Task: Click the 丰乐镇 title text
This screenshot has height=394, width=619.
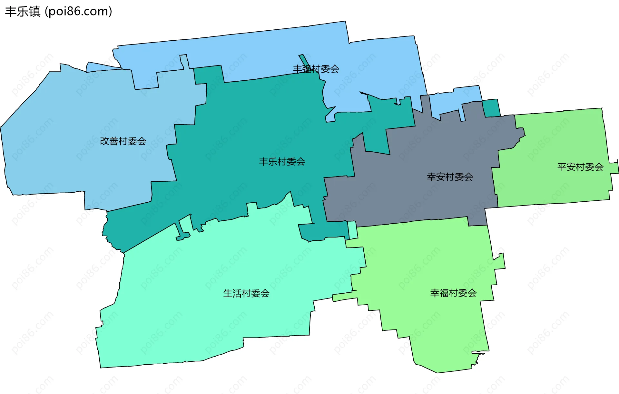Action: point(23,12)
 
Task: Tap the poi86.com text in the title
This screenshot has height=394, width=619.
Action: point(78,12)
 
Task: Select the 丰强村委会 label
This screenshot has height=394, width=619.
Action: point(316,69)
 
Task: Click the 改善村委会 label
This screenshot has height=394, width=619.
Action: point(123,141)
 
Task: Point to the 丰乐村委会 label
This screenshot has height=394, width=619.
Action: point(282,161)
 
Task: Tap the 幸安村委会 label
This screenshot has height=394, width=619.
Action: point(450,177)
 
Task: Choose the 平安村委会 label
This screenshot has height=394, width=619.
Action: point(580,167)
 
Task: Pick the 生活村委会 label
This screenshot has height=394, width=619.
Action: point(246,293)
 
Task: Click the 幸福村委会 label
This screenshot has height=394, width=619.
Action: point(453,293)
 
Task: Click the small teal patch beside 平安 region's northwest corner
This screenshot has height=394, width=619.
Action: point(491,108)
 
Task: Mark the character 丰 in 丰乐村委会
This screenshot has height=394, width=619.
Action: point(264,161)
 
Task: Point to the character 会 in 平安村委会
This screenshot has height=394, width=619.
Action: point(599,167)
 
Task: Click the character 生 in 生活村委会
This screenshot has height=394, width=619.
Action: point(228,293)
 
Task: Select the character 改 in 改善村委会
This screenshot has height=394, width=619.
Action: point(105,141)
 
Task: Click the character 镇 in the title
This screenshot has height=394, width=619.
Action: point(34,12)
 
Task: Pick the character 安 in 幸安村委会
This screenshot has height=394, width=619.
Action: point(441,177)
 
